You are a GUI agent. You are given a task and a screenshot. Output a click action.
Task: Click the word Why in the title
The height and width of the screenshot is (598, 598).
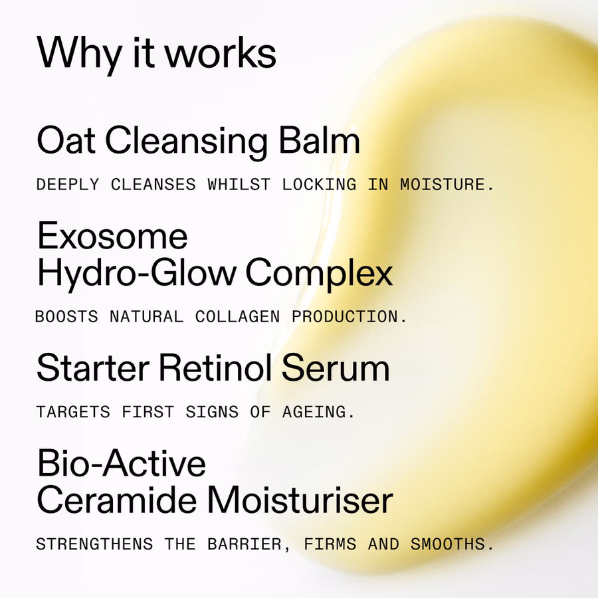[79, 53]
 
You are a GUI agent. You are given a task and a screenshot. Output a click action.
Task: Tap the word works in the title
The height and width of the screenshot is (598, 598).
[221, 52]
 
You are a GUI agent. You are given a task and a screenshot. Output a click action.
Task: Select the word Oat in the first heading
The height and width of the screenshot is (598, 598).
[66, 140]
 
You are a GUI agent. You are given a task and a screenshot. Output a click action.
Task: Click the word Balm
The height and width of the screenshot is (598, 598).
[320, 140]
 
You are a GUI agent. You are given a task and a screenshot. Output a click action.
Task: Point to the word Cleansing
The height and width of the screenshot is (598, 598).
[187, 142]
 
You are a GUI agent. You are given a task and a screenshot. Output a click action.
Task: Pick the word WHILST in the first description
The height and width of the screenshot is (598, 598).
[239, 185]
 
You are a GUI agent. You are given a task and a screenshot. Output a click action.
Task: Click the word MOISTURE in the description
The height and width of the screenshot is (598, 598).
[443, 185]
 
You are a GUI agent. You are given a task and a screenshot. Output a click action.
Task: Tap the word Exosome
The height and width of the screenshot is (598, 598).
[112, 236]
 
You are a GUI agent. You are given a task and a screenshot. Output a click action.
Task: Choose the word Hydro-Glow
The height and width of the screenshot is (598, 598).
[136, 273]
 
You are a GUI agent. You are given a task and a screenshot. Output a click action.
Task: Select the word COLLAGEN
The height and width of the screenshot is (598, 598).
[238, 317]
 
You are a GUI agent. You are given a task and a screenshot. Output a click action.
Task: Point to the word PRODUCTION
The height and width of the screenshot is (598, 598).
[345, 317]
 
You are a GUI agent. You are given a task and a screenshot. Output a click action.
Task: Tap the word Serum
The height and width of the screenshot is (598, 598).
[336, 367]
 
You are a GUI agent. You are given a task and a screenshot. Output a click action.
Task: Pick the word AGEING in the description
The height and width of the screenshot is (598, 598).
[314, 412]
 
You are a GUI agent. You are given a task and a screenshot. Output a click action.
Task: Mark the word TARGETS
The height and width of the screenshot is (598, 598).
[73, 412]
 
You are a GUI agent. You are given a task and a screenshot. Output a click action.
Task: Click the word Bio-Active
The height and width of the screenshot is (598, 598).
[122, 463]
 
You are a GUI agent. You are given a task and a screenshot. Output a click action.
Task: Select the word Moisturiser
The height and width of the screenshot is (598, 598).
[300, 500]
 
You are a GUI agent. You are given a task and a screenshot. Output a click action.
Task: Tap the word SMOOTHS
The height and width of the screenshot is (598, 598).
[448, 544]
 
